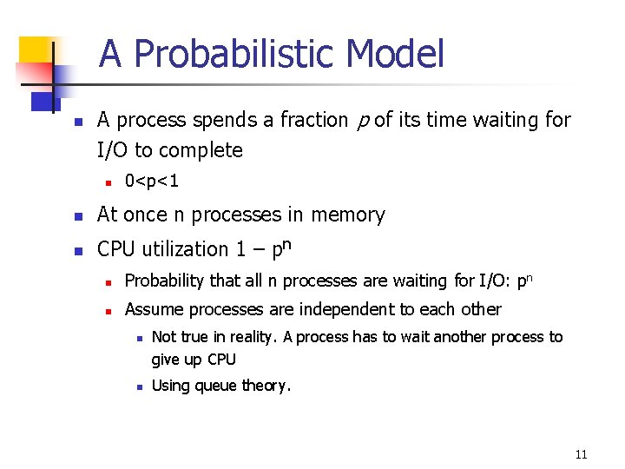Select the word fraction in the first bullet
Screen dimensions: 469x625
tap(313, 120)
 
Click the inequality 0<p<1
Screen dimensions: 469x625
tap(152, 182)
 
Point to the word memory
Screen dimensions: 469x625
tap(350, 215)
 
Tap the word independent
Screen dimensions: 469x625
tap(358, 309)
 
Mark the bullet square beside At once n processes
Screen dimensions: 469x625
tap(76, 215)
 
